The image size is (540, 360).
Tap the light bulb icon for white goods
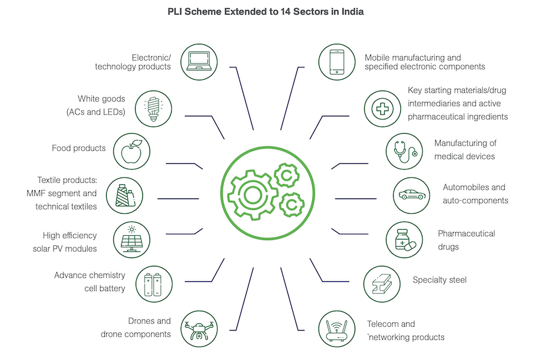pos(151,107)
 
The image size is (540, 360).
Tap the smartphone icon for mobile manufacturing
pos(336,61)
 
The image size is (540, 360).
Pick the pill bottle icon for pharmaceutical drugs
pos(401,238)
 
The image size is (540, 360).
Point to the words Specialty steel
pos(439,280)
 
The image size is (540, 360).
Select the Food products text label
pos(79,148)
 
